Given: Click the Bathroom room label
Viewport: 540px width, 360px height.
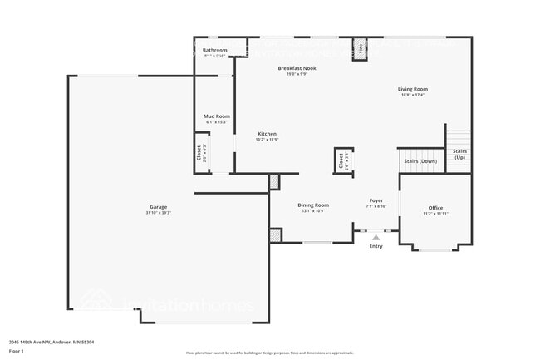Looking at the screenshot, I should [x=214, y=51].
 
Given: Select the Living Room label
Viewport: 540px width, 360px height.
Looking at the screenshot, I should [x=412, y=88].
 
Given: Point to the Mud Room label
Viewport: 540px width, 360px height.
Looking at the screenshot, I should [x=216, y=116].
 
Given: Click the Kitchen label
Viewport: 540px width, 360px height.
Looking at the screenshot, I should [x=267, y=134].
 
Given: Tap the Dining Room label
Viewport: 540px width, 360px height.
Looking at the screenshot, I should [x=313, y=205].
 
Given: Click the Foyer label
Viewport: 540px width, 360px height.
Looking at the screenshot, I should [x=376, y=200].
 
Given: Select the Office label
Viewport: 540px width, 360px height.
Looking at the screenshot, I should [x=435, y=208].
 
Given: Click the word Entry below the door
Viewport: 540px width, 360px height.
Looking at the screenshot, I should [x=376, y=246].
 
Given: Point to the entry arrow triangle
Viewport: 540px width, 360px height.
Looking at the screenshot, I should [x=376, y=237].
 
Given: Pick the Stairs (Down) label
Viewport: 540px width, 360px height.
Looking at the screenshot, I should [x=420, y=160].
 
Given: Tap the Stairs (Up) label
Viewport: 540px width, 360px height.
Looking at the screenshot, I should [x=459, y=155].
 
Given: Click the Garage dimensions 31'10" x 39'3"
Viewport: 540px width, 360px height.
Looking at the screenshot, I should [x=159, y=213].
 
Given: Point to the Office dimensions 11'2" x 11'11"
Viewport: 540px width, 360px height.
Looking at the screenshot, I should [x=435, y=215].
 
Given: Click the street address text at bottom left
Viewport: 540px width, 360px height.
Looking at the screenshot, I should [x=52, y=342].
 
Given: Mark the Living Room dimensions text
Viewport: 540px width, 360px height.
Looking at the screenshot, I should [x=412, y=95].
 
